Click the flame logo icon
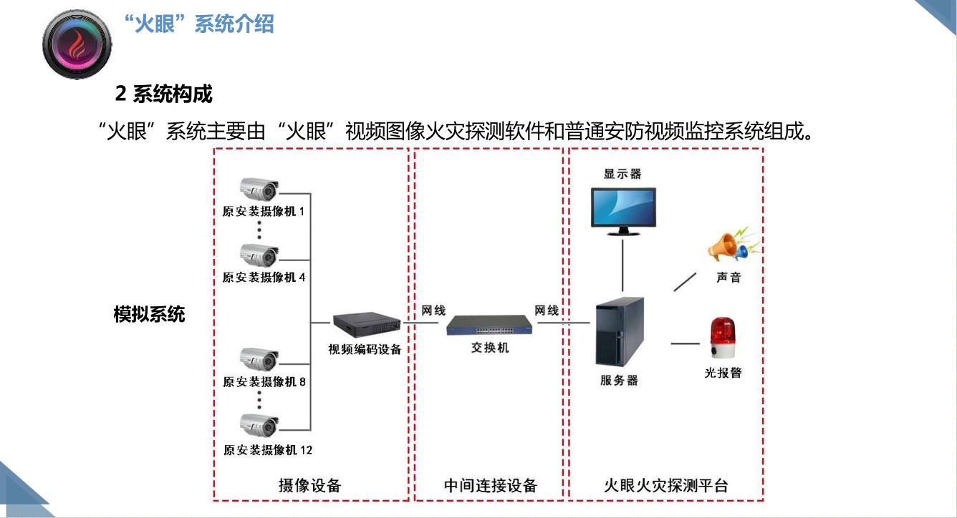[x=77, y=45]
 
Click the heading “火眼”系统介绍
[x=198, y=24]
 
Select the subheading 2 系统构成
[x=164, y=93]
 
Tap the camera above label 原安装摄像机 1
[x=259, y=190]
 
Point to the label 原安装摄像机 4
[x=264, y=277]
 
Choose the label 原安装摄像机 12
[x=267, y=450]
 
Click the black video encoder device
[x=365, y=325]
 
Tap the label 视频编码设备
[x=365, y=350]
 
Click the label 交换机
[x=490, y=348]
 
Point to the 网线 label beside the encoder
[x=433, y=311]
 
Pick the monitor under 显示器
[x=623, y=210]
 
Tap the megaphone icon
[x=727, y=245]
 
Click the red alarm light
[x=723, y=338]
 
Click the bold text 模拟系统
[x=149, y=314]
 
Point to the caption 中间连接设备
[x=490, y=486]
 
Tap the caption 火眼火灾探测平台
[x=665, y=486]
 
